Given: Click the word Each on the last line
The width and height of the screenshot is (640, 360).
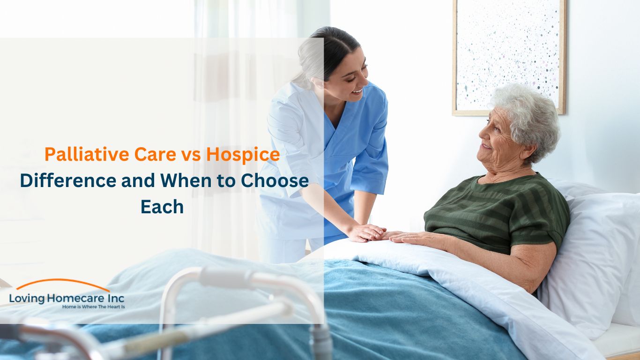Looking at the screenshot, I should (x=162, y=207).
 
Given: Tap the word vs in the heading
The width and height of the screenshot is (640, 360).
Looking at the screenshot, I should (x=192, y=155).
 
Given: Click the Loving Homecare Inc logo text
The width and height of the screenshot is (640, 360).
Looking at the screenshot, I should (x=67, y=298).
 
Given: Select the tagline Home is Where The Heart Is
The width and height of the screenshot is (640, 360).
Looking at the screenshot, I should (x=94, y=307).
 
